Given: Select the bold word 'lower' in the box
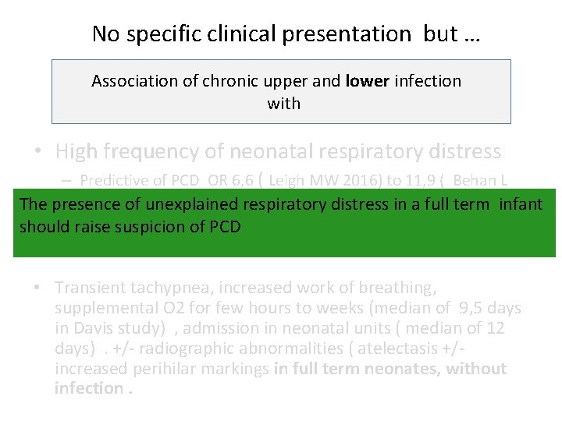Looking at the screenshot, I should pos(367,81).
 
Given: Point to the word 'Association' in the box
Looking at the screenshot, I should pos(133,81).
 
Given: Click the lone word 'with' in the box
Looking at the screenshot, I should pos(283,103).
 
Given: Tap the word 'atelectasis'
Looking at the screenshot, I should pos(404,348).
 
